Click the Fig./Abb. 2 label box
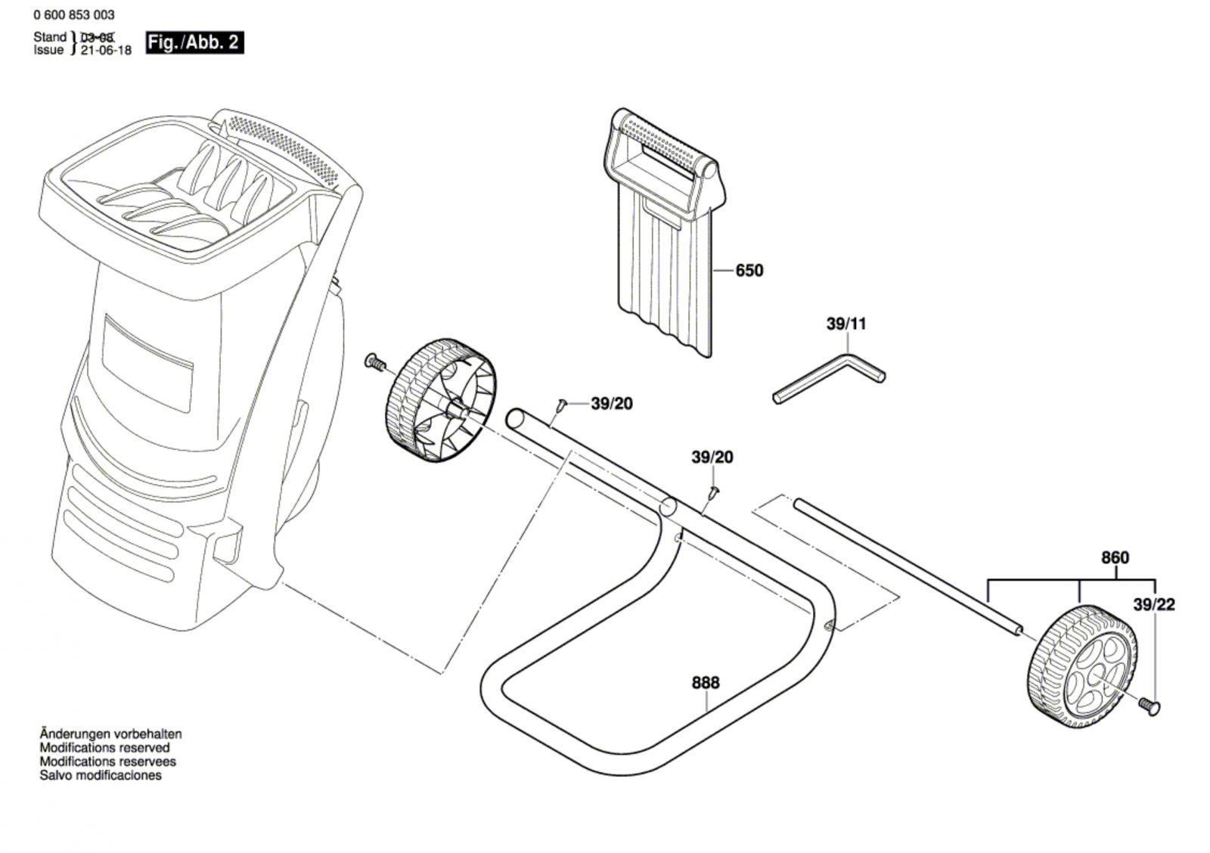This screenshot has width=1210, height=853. [194, 42]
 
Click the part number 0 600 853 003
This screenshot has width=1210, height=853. [75, 14]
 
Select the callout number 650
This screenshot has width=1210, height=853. [749, 270]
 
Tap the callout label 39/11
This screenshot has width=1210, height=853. [846, 324]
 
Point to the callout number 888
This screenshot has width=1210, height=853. [706, 682]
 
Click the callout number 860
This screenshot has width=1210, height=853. [1115, 557]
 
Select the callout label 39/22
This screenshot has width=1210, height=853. [1154, 604]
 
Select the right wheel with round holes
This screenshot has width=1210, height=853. [1083, 665]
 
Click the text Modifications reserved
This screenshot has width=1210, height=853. [104, 748]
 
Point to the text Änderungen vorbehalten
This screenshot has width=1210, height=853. [110, 734]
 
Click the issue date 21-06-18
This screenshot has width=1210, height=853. [107, 51]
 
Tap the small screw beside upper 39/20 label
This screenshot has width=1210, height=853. [561, 405]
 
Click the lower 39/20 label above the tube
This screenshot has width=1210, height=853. [712, 458]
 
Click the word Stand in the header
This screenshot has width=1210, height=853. [50, 37]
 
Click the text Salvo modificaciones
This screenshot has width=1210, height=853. [101, 775]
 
